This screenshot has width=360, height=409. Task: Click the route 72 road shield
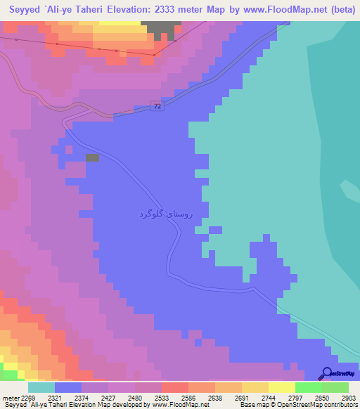click(155, 105)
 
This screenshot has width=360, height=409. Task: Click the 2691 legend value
click(241, 398)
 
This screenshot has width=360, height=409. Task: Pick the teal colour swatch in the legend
click(41, 387)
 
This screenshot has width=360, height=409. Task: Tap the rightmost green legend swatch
click(335, 387)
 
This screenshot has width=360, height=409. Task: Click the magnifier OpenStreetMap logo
click(327, 373)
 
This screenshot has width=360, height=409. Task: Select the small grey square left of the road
click(92, 158)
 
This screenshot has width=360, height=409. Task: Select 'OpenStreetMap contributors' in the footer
click(321, 405)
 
